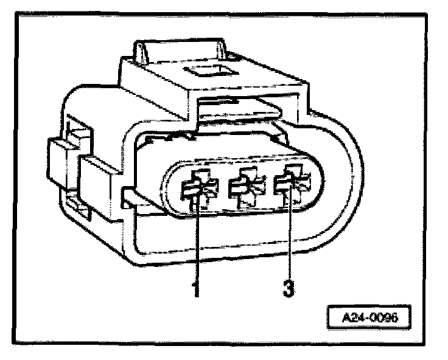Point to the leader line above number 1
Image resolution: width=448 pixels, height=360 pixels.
(196, 243)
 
